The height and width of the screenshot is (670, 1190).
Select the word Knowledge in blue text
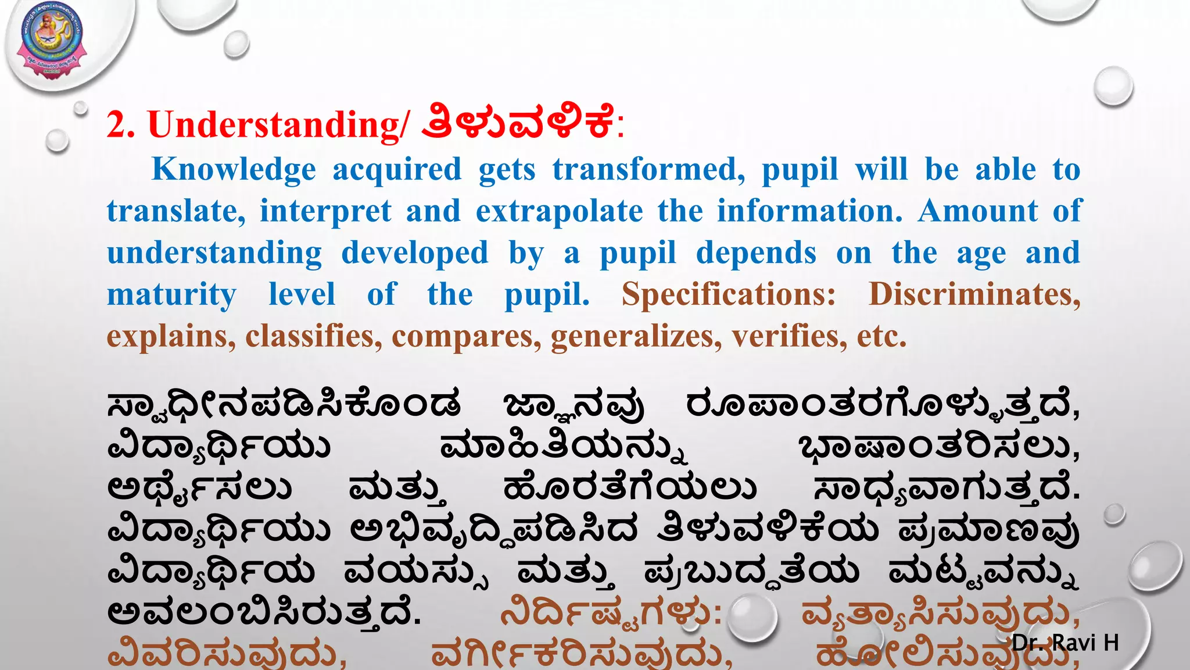[x=234, y=170]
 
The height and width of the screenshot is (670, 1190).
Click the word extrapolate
[x=559, y=211]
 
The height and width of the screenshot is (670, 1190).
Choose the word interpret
[x=325, y=211]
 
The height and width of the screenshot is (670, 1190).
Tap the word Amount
[x=978, y=211]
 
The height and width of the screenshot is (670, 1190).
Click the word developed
[x=415, y=253]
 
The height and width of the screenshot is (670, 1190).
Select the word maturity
[x=171, y=295]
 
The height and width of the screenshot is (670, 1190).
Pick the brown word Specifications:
[x=729, y=295]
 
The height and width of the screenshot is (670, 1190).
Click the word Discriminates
[x=974, y=295]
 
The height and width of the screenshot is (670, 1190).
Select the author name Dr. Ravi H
[x=1065, y=643]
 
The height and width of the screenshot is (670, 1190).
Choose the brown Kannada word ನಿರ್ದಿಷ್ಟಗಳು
[x=610, y=612]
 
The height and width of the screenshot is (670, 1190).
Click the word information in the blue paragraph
[x=810, y=211]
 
